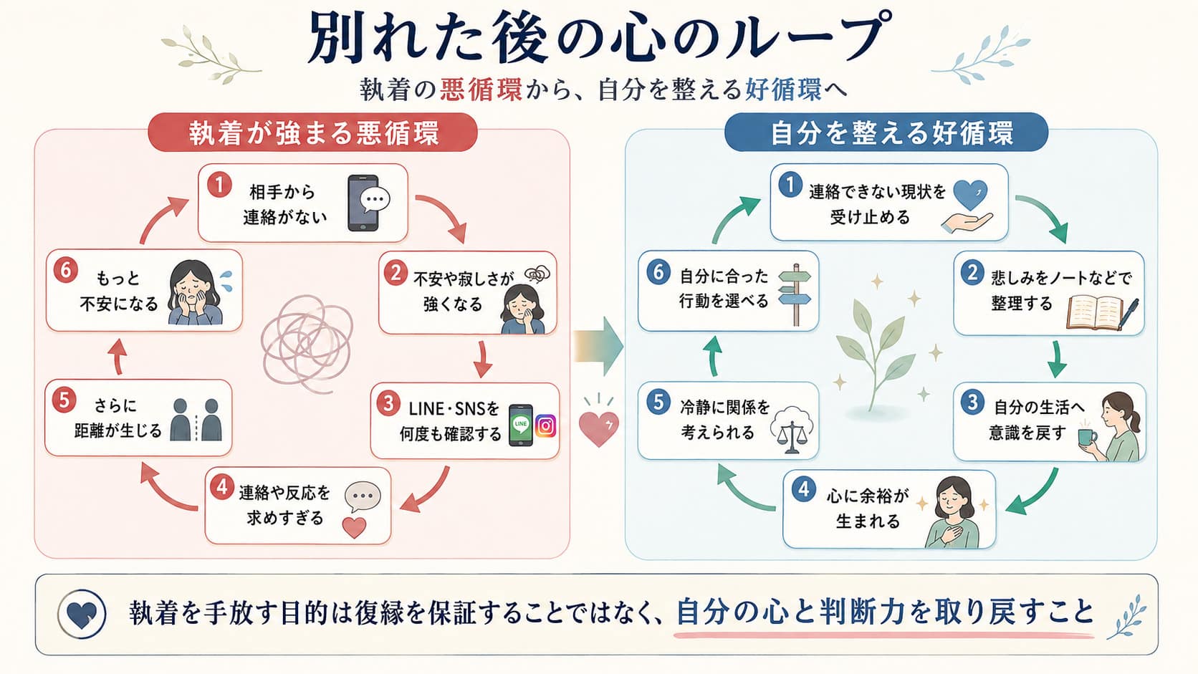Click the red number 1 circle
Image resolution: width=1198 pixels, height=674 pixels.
coord(219,185)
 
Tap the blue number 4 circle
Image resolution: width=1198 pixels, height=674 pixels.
coord(803,488)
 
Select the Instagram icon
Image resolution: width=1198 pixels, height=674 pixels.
coord(545,426)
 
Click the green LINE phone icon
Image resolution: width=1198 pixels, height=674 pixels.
coord(520,425)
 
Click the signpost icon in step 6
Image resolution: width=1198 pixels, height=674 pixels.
coord(795,294)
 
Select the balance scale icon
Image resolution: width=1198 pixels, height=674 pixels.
coord(792,430)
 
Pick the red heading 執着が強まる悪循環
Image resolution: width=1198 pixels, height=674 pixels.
coord(314,133)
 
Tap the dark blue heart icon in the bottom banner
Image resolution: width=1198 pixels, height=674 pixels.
coord(82,614)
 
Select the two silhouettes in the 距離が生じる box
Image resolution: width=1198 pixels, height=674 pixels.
coord(196,420)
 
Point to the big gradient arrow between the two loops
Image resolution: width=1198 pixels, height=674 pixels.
coord(598,346)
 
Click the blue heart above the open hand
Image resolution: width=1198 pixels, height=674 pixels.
coord(970,195)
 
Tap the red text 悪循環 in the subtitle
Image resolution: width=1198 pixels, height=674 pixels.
coord(481,90)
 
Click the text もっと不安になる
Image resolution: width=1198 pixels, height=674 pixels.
coord(119,292)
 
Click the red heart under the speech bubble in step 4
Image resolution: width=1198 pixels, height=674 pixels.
coord(354,528)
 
